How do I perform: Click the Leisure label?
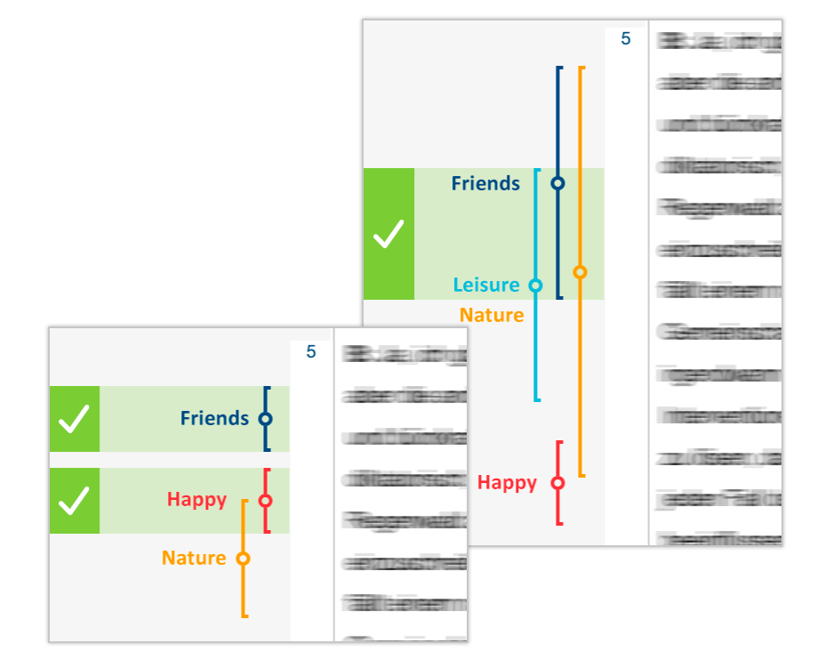486,286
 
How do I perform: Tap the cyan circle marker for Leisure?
535,286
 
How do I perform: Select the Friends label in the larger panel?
485,184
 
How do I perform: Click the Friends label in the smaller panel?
214,418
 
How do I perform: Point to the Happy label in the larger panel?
507,483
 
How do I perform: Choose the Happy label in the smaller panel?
196,500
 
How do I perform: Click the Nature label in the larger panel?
492,316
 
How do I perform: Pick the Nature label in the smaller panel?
194,559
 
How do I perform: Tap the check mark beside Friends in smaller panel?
74,419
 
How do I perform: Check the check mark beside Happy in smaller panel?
74,501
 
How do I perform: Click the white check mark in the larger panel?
388,234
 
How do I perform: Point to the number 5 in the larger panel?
626,39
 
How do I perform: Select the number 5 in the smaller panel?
311,352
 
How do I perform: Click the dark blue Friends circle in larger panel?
557,184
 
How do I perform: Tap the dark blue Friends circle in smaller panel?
265,419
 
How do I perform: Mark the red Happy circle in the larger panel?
557,483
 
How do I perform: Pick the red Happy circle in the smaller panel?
265,501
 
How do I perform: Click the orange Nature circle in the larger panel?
580,272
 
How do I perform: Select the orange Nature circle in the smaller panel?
243,559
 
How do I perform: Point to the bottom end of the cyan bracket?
536,399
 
